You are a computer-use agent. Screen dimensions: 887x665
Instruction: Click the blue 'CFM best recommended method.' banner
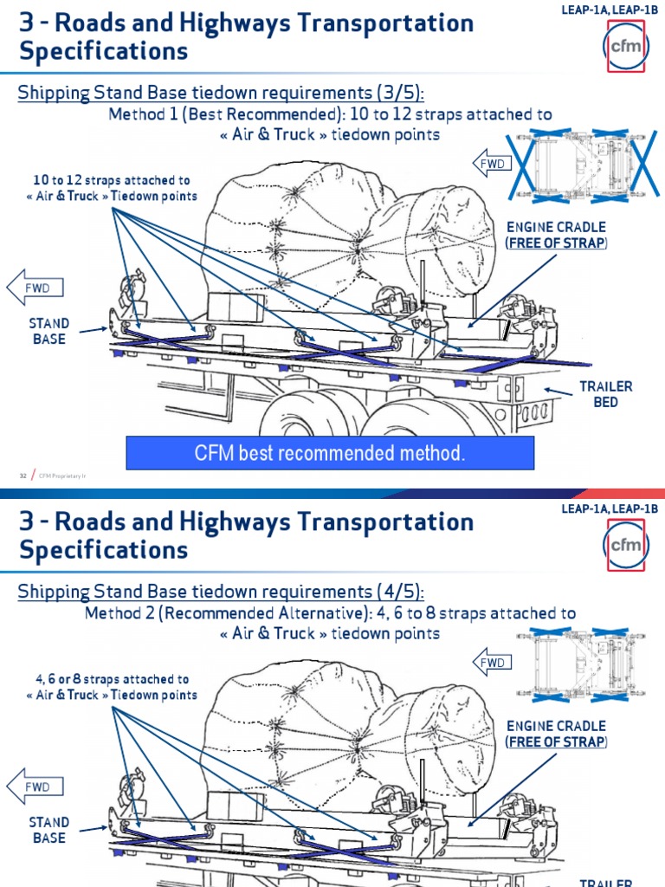point(330,453)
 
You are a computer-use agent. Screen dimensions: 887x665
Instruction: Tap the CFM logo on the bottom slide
point(626,545)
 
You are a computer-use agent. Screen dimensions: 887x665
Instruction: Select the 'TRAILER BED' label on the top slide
point(606,394)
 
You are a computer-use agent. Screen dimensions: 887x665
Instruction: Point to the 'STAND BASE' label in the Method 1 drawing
point(49,331)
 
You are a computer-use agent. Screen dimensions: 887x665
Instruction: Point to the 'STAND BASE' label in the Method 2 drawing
point(49,830)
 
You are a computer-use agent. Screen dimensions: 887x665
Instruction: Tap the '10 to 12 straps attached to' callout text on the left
point(112,180)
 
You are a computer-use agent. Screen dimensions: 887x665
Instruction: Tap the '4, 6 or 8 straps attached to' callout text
point(112,679)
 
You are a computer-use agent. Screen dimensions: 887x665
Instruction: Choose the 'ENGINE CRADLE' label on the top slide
point(556,227)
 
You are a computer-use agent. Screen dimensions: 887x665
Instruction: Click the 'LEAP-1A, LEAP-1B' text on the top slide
point(610,10)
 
